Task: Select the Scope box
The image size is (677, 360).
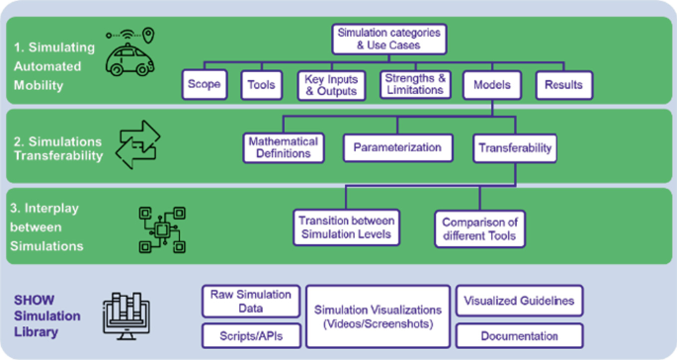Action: (x=205, y=85)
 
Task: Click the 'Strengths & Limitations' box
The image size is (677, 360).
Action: (x=416, y=85)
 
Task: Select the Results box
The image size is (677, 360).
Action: (x=563, y=85)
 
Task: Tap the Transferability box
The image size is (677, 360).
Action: (x=513, y=147)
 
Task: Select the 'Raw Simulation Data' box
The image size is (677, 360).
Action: (x=251, y=300)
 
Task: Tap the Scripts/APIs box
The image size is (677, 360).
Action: (x=251, y=335)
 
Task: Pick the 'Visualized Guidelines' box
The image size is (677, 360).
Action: (x=519, y=300)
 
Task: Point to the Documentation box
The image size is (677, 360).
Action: (x=519, y=335)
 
